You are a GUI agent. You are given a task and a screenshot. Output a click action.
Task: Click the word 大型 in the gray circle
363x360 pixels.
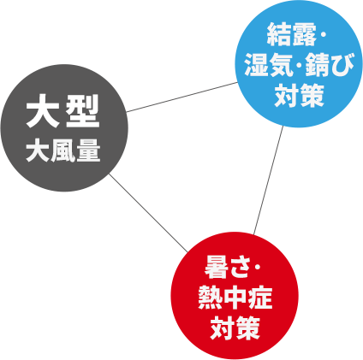[x=62, y=111]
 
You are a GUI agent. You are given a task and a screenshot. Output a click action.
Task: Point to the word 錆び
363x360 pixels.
[x=330, y=65]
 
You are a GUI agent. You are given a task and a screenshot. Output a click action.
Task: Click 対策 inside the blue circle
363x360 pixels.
[x=299, y=95]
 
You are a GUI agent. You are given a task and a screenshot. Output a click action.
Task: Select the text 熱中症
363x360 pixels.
[x=235, y=298]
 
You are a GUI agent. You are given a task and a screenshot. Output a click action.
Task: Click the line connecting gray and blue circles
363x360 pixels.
[x=182, y=97]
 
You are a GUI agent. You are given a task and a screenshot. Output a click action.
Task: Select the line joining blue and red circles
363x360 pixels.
[x=269, y=180]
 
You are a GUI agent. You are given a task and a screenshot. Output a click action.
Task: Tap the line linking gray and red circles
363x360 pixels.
[x=149, y=213]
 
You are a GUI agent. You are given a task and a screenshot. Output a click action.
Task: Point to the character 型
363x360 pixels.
[x=82, y=111]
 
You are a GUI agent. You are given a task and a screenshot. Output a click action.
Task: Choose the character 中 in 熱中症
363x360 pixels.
[x=235, y=298]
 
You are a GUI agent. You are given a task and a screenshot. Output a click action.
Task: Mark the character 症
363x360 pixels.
[x=260, y=298]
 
